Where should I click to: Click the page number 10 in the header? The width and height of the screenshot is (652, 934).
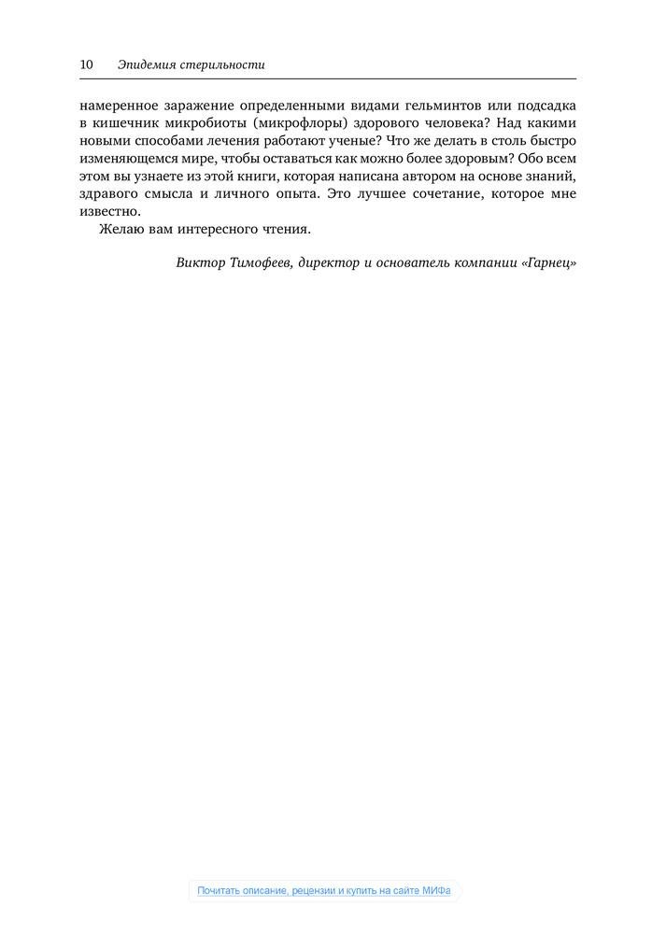[x=86, y=65]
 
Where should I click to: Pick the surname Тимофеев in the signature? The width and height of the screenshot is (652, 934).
[x=262, y=263]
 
